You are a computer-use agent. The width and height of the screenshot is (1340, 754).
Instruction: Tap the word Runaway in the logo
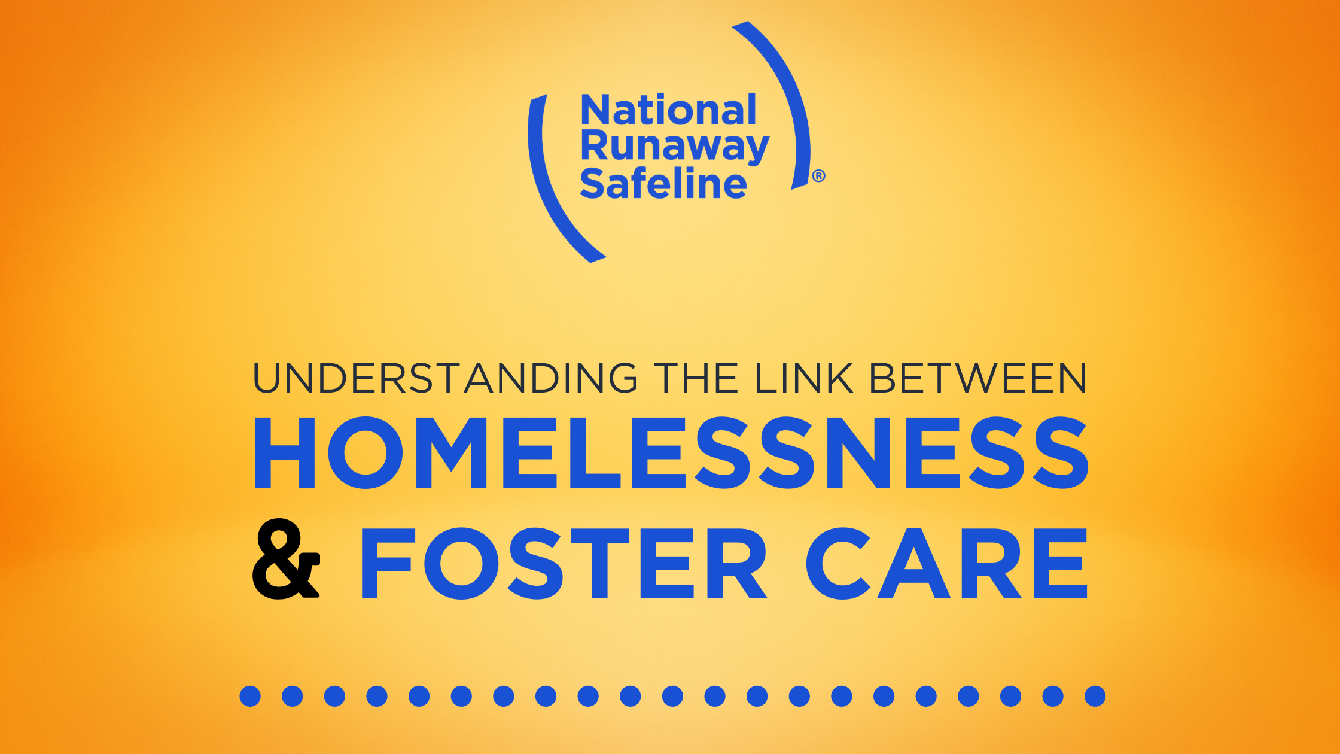(675, 147)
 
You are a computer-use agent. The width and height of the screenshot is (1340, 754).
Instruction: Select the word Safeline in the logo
(663, 183)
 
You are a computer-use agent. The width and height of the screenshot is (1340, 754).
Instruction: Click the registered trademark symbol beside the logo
(818, 176)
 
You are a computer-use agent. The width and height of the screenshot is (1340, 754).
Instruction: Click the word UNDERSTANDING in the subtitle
(446, 378)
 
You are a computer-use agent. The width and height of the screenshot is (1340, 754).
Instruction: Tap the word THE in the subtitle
(696, 378)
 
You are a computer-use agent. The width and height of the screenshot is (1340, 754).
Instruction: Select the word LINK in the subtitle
(803, 378)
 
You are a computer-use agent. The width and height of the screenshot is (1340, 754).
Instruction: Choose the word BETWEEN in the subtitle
(978, 378)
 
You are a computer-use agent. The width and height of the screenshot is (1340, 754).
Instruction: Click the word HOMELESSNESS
(671, 452)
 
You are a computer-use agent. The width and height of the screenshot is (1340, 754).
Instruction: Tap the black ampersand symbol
(286, 559)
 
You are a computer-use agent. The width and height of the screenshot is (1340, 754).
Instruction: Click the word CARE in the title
(946, 563)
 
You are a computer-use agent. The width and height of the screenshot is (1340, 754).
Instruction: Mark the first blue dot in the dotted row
(250, 696)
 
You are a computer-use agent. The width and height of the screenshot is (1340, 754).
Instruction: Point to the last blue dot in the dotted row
(1095, 696)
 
